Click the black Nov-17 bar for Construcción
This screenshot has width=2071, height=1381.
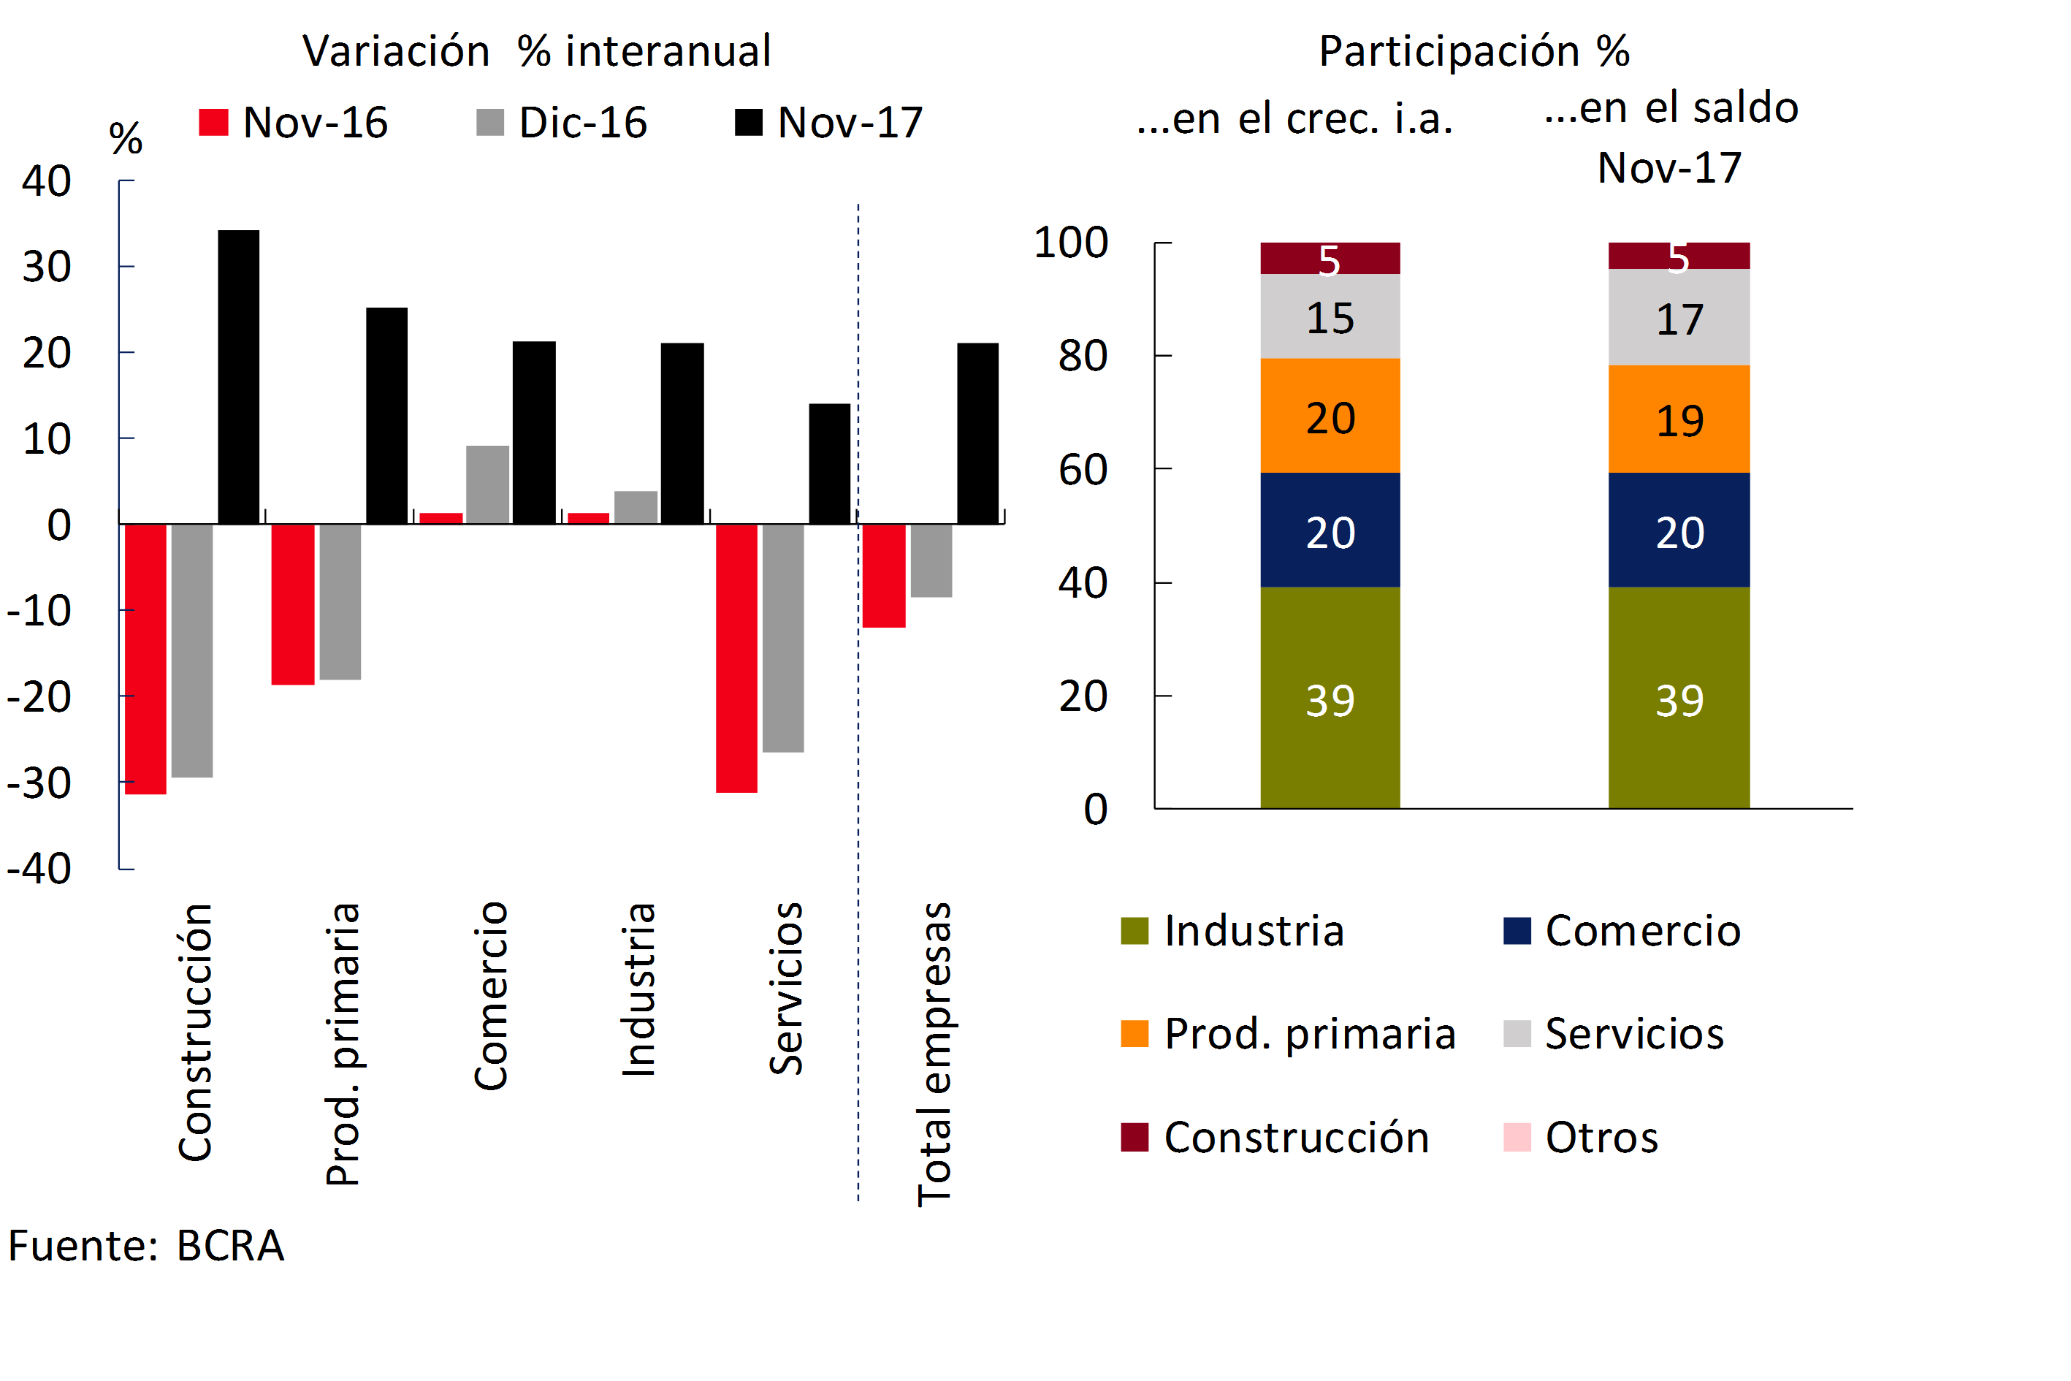pyautogui.click(x=239, y=377)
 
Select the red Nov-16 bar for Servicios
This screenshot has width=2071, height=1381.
pyautogui.click(x=736, y=658)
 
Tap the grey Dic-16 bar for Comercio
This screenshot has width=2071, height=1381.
pyautogui.click(x=487, y=484)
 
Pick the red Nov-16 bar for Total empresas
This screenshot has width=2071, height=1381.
pyautogui.click(x=883, y=576)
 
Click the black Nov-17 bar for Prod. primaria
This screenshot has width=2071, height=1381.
pyautogui.click(x=386, y=416)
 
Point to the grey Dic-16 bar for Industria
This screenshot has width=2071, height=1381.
pyautogui.click(x=636, y=507)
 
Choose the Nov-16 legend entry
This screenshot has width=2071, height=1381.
pyautogui.click(x=293, y=123)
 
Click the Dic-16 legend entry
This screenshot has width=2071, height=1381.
pyautogui.click(x=562, y=123)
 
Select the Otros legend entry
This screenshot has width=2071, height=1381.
pyautogui.click(x=1582, y=1137)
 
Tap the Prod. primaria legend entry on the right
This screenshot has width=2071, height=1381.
pyautogui.click(x=1288, y=1034)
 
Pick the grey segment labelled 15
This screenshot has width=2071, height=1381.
pyautogui.click(x=1330, y=316)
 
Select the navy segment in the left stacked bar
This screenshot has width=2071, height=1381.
pyautogui.click(x=1330, y=530)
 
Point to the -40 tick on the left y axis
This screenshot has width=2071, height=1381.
pyautogui.click(x=39, y=868)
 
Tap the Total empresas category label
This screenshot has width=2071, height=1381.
pyautogui.click(x=934, y=1054)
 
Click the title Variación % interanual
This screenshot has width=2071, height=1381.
pyautogui.click(x=536, y=50)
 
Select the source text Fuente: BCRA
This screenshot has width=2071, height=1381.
pyautogui.click(x=146, y=1245)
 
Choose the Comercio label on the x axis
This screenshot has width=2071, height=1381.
pyautogui.click(x=490, y=995)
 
